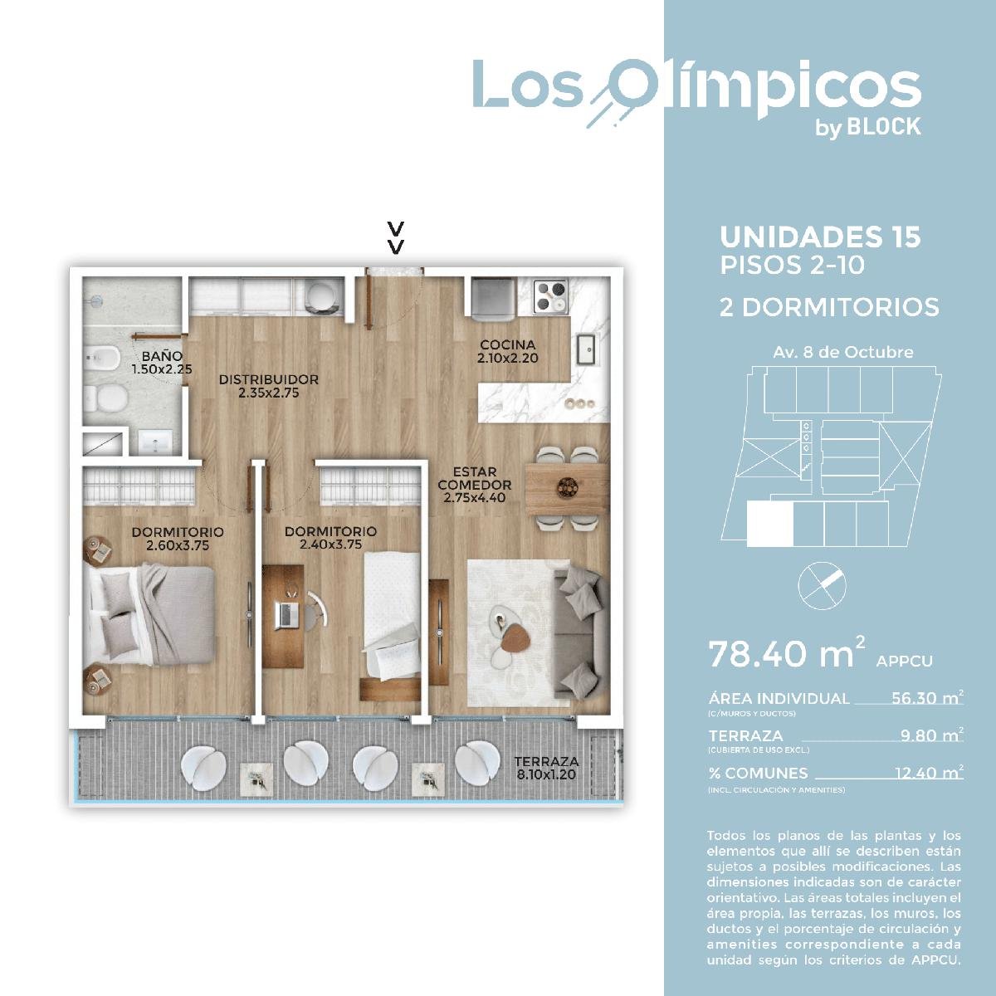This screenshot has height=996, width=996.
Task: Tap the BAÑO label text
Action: pyautogui.click(x=162, y=356)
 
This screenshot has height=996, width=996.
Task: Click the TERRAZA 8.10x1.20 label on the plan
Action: pyautogui.click(x=546, y=768)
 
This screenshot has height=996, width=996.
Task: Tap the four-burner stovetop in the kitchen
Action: pyautogui.click(x=550, y=296)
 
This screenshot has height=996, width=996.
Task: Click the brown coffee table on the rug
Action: pyautogui.click(x=517, y=641)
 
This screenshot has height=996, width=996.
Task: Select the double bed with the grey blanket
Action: pyautogui.click(x=150, y=615)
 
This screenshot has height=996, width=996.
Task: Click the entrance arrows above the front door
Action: pyautogui.click(x=395, y=237)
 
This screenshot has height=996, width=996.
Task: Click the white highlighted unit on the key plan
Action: pyautogui.click(x=769, y=524)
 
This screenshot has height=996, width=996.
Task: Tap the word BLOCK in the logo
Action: pyautogui.click(x=884, y=127)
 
